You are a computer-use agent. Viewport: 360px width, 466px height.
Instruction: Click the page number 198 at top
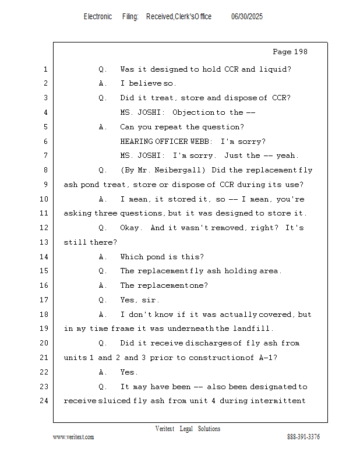tap(300, 52)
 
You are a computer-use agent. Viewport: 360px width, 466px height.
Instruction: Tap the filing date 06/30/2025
tap(247, 17)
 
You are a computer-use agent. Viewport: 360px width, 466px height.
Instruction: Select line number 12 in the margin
tap(45, 228)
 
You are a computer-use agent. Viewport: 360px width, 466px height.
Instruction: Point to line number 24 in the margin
tap(45, 401)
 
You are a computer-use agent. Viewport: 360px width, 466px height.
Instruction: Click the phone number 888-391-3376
tap(303, 437)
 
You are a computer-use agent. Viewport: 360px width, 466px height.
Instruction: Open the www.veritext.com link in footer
tap(73, 437)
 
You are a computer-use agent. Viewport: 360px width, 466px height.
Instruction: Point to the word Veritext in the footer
tap(165, 429)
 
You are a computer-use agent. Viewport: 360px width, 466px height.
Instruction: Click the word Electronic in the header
tap(98, 17)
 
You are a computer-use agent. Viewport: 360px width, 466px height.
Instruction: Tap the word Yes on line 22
tap(128, 372)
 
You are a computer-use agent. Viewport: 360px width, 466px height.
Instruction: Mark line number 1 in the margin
tap(45, 69)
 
